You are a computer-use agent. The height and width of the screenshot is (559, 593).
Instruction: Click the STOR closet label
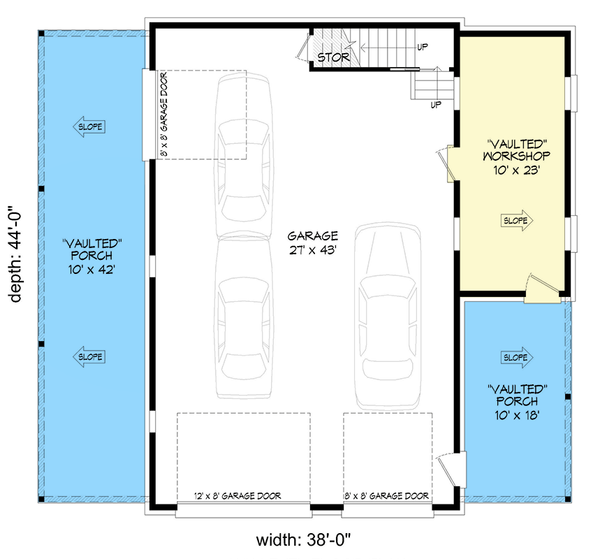point(333,57)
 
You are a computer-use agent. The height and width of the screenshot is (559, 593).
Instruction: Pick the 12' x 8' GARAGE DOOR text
point(237,496)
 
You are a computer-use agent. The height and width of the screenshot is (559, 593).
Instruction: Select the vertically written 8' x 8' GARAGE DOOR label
point(163,113)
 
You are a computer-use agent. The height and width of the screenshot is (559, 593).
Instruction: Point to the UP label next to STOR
point(423,47)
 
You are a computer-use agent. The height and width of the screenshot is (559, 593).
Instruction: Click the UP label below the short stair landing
point(436,105)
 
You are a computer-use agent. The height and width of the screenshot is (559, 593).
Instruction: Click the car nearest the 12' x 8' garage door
point(243,318)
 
